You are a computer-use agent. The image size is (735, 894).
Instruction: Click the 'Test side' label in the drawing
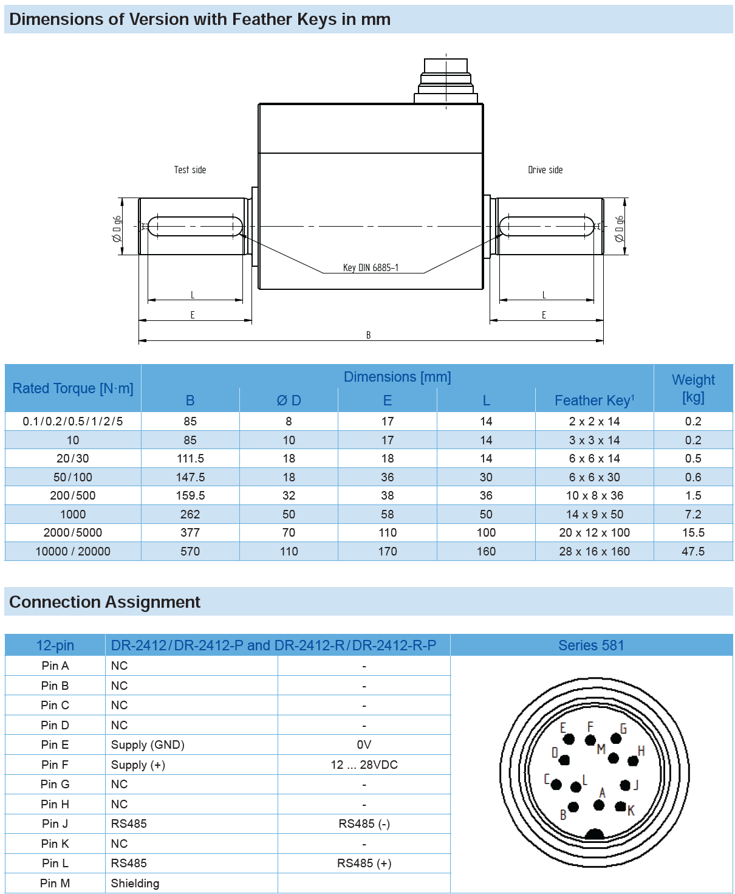tap(190, 170)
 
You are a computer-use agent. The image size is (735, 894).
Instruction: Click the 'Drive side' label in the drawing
tap(545, 170)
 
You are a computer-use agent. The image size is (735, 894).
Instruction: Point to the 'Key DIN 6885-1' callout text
tap(371, 268)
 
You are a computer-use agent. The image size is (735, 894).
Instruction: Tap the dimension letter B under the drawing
tap(368, 335)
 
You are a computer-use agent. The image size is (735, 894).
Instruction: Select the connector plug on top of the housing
tap(446, 80)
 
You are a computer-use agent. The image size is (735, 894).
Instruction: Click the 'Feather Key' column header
tap(594, 401)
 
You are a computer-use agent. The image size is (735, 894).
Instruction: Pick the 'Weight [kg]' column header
tap(693, 388)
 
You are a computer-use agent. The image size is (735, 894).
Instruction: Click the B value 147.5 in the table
tap(190, 477)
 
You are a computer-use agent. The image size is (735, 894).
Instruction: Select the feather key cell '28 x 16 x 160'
tap(594, 551)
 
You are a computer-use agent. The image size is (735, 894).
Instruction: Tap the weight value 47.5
tap(693, 551)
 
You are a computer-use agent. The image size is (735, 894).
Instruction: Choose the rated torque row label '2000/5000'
tap(73, 532)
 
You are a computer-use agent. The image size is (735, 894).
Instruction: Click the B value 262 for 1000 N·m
tap(190, 514)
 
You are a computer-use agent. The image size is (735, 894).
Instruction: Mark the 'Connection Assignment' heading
tap(105, 602)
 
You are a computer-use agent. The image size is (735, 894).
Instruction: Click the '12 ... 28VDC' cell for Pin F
tap(364, 765)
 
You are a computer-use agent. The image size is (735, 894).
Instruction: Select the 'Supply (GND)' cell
tap(148, 745)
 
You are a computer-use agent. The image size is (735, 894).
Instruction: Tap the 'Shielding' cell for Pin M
tap(135, 883)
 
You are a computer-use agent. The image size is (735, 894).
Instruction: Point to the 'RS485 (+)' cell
tap(364, 863)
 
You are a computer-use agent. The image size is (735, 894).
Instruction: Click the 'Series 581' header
tap(591, 645)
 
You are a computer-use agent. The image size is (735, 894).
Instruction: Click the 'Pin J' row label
tap(55, 824)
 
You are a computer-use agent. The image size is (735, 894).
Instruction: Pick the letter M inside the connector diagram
tap(601, 749)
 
